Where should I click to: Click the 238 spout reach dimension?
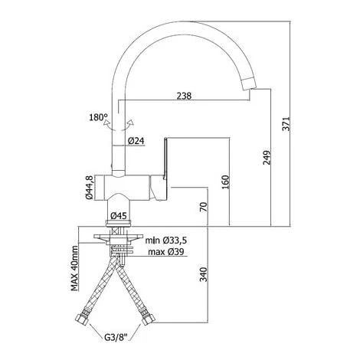pyautogui.click(x=184, y=96)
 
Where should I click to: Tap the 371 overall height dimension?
pyautogui.click(x=286, y=124)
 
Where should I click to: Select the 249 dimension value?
pyautogui.click(x=267, y=158)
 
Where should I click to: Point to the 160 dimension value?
pyautogui.click(x=226, y=182)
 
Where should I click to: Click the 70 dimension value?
pyautogui.click(x=204, y=207)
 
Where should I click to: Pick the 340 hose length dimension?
pyautogui.click(x=204, y=274)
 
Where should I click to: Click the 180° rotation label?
pyautogui.click(x=98, y=117)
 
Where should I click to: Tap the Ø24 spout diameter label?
pyautogui.click(x=136, y=141)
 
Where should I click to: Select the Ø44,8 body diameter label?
pyautogui.click(x=90, y=188)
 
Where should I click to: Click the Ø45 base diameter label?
pyautogui.click(x=118, y=216)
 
